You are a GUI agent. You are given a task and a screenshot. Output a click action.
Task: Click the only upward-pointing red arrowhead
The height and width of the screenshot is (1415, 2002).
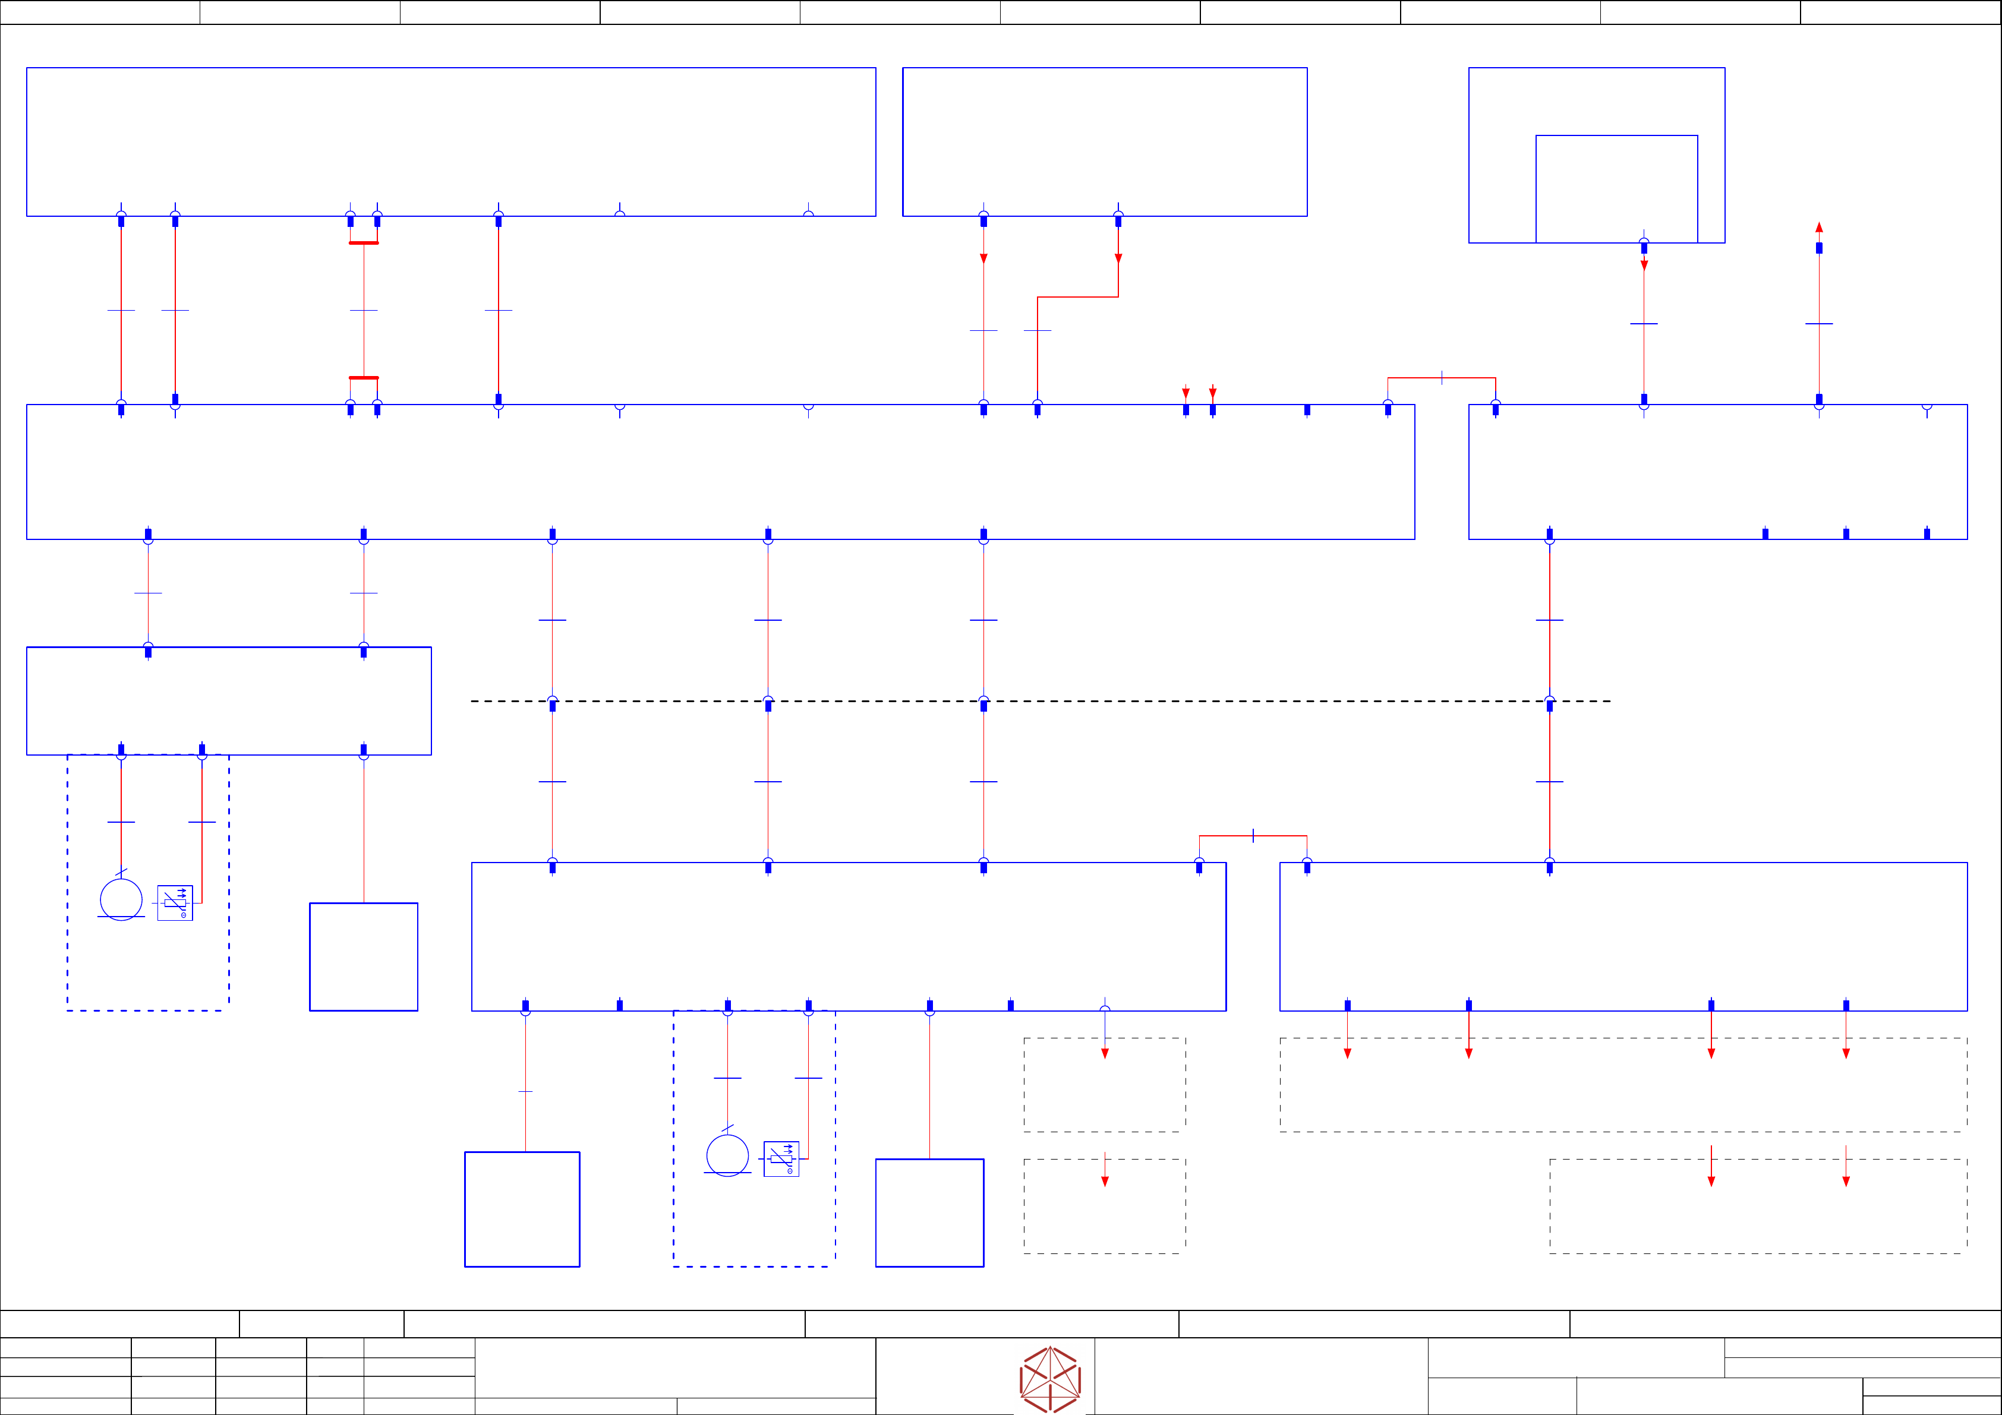(x=1819, y=228)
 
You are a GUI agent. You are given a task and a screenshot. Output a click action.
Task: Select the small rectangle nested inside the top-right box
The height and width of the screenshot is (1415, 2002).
(x=1616, y=188)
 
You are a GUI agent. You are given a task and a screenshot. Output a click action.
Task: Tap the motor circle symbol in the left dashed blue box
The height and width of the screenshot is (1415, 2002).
(x=121, y=899)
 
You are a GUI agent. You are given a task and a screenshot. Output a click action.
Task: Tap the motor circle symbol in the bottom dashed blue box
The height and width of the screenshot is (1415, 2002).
(x=727, y=1155)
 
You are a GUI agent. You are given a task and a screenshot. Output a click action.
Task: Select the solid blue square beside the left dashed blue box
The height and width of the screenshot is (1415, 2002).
(x=364, y=956)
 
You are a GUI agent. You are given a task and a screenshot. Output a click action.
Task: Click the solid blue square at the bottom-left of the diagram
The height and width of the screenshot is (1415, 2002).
(x=522, y=1209)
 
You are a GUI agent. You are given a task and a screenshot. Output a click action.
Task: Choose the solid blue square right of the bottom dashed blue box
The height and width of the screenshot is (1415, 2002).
(x=929, y=1213)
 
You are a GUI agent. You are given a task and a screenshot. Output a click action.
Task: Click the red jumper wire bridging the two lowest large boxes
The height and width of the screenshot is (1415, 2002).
(x=1253, y=836)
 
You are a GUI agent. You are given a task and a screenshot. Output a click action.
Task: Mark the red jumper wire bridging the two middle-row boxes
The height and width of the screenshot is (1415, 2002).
(x=1442, y=377)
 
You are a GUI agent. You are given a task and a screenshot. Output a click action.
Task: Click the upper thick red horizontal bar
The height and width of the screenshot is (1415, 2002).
(x=364, y=243)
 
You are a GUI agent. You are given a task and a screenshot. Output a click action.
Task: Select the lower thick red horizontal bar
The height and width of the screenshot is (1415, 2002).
(x=364, y=377)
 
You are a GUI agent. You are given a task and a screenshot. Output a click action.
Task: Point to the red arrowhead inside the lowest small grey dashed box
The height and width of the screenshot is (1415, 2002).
(x=1105, y=1182)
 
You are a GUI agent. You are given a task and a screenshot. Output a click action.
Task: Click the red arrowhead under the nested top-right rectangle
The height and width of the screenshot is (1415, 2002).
(x=1644, y=265)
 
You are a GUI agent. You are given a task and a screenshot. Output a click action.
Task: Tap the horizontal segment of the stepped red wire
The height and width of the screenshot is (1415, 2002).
(x=1078, y=297)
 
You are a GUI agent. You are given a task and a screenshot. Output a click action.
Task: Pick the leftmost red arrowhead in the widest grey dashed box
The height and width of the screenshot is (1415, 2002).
(x=1347, y=1053)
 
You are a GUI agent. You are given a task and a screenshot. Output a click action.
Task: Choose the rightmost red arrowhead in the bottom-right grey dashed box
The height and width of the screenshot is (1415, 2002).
(x=1846, y=1182)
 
